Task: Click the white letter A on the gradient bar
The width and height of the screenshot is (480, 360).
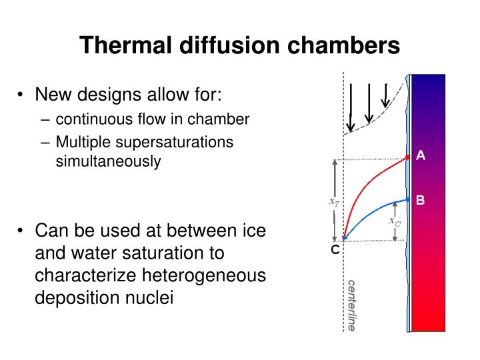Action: [421, 156]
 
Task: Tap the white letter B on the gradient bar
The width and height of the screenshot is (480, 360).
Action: [420, 199]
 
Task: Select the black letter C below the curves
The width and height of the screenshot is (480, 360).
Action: [335, 250]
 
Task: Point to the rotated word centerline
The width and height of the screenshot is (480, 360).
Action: [351, 305]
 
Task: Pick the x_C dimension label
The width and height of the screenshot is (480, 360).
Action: [395, 221]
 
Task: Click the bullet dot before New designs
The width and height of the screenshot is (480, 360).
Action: [21, 95]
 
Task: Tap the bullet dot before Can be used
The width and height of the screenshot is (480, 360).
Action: [21, 231]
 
